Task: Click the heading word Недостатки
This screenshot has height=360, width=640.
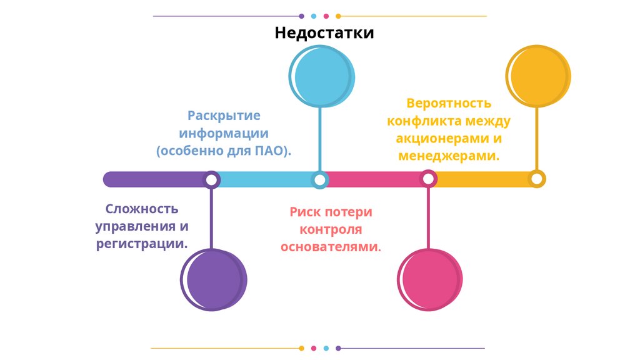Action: pyautogui.click(x=324, y=32)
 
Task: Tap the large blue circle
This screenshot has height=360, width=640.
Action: pyautogui.click(x=322, y=77)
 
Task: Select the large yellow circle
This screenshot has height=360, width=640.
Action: pyautogui.click(x=538, y=76)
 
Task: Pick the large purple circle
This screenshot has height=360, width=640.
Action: pyautogui.click(x=214, y=279)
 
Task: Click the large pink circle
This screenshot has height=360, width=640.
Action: pyautogui.click(x=430, y=279)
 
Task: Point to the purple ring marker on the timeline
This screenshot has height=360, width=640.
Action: pyautogui.click(x=212, y=180)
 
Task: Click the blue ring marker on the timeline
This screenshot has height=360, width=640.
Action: pyautogui.click(x=320, y=180)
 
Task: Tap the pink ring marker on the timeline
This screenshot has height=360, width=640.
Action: pyautogui.click(x=428, y=180)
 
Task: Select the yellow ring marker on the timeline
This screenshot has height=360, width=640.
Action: pyautogui.click(x=536, y=179)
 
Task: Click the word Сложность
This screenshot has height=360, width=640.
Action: pyautogui.click(x=142, y=209)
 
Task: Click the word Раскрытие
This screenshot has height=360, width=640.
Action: pyautogui.click(x=224, y=116)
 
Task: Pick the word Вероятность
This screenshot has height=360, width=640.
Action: pyautogui.click(x=449, y=103)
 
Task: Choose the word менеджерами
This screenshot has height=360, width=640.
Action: pyautogui.click(x=448, y=156)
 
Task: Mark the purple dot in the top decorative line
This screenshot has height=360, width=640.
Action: pyautogui.click(x=302, y=16)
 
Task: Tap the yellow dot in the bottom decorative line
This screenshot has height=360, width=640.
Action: pyautogui.click(x=302, y=348)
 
